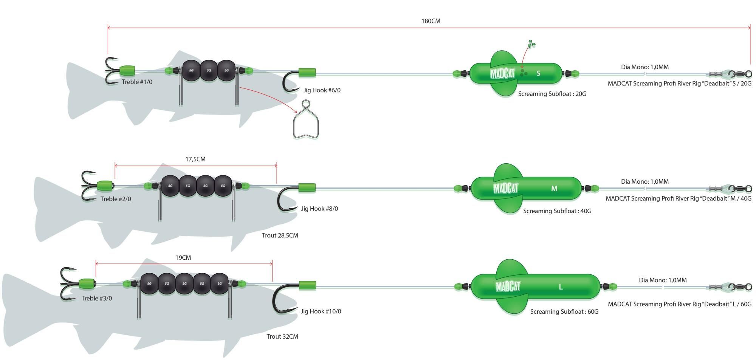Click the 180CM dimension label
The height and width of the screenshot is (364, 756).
pos(431,21)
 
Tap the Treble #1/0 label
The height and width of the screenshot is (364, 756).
pos(137,82)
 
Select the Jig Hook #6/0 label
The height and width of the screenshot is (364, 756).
pos(322,90)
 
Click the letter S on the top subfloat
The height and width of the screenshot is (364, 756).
pos(538,73)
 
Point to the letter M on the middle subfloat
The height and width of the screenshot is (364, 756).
pos(554,188)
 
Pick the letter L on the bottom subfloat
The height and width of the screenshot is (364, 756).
pos(561,287)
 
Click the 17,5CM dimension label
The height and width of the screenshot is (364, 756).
pos(195,159)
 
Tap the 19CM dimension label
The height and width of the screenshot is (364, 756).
pos(183,258)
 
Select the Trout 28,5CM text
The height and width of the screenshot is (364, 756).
pos(280,235)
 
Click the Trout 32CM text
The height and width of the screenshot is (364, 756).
pos(282,336)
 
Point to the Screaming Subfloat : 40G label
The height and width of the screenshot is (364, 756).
pos(557,211)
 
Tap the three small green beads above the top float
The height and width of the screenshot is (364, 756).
pos(531,44)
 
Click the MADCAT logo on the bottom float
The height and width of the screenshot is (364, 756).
pos(508,287)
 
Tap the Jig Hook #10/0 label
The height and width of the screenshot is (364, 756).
pos(321,311)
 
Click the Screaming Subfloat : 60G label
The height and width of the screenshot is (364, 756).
pos(564,311)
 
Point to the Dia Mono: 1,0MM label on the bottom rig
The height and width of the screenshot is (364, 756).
pos(663,280)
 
